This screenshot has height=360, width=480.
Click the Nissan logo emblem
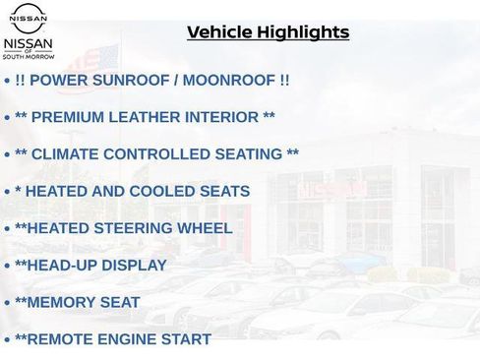pos(29,18)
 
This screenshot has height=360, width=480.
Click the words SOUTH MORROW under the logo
pos(30,57)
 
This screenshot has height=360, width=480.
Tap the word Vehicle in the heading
pos(219,32)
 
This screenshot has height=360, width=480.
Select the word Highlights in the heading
pos(302,32)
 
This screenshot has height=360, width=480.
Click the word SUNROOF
pos(131,80)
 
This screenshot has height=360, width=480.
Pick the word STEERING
pos(134,228)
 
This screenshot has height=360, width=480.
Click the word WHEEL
pos(204,228)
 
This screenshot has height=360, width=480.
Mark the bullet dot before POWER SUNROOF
pos(8,81)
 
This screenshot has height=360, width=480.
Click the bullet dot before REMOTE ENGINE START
pos(8,340)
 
